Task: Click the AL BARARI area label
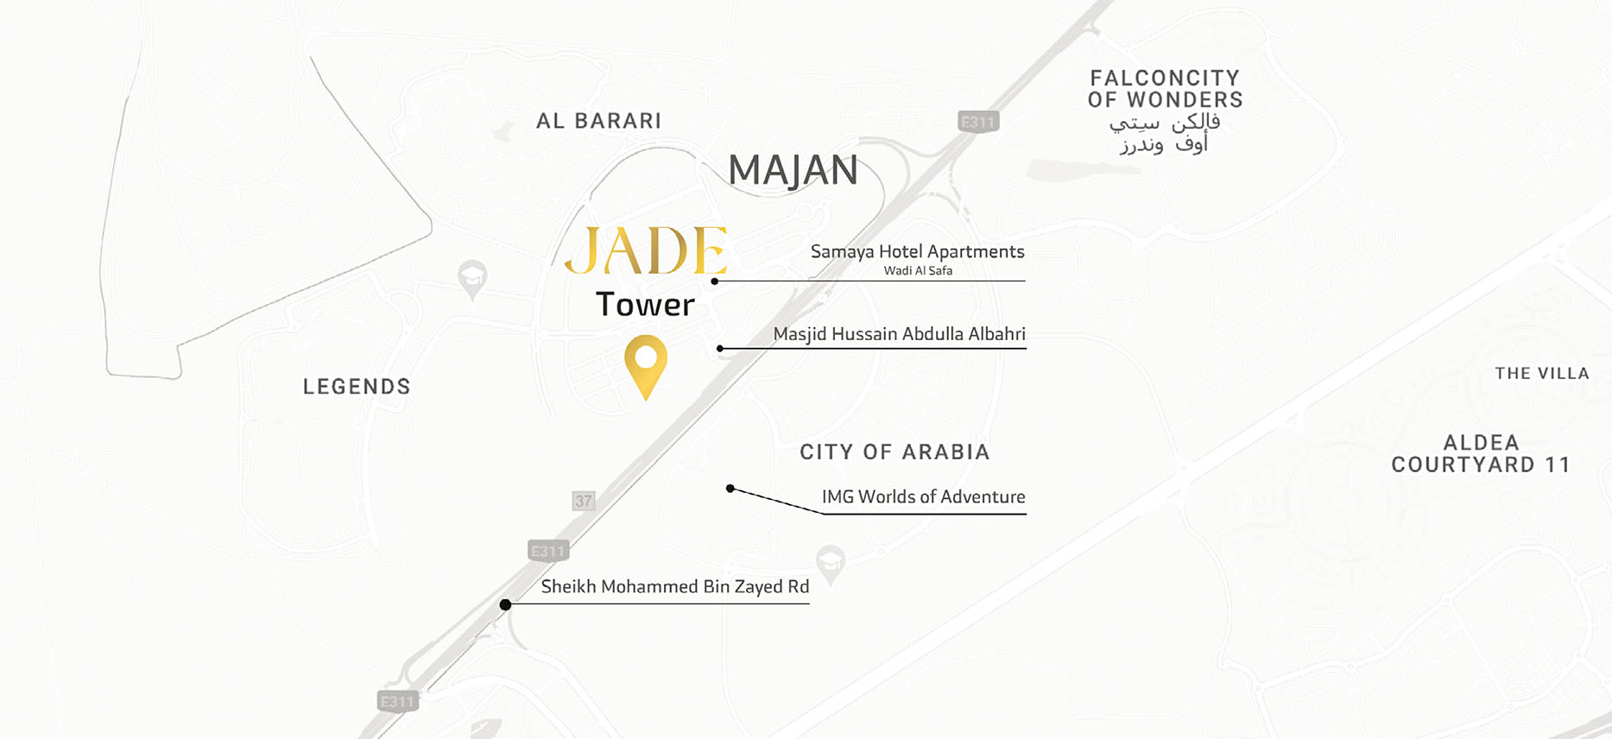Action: (x=598, y=121)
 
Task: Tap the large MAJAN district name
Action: (x=793, y=170)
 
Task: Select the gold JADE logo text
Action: (x=646, y=251)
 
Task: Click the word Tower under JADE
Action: (x=645, y=305)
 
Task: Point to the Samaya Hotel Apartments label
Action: (x=917, y=251)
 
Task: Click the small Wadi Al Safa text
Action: (x=918, y=271)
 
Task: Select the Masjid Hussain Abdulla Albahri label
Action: (x=899, y=334)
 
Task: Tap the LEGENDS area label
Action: (x=357, y=387)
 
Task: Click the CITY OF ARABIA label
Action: (x=895, y=452)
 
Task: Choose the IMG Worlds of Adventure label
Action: (x=923, y=496)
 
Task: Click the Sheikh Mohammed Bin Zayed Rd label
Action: (x=674, y=587)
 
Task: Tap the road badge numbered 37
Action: (x=584, y=501)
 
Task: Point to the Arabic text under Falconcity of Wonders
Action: (x=1164, y=134)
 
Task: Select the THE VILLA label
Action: (x=1542, y=374)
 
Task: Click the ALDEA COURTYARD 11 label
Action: (x=1481, y=454)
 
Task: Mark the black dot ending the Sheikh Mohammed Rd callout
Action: (x=506, y=604)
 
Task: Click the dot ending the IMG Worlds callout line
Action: (x=730, y=489)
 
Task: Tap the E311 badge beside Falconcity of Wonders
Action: (x=978, y=122)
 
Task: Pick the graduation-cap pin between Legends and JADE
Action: (x=472, y=278)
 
